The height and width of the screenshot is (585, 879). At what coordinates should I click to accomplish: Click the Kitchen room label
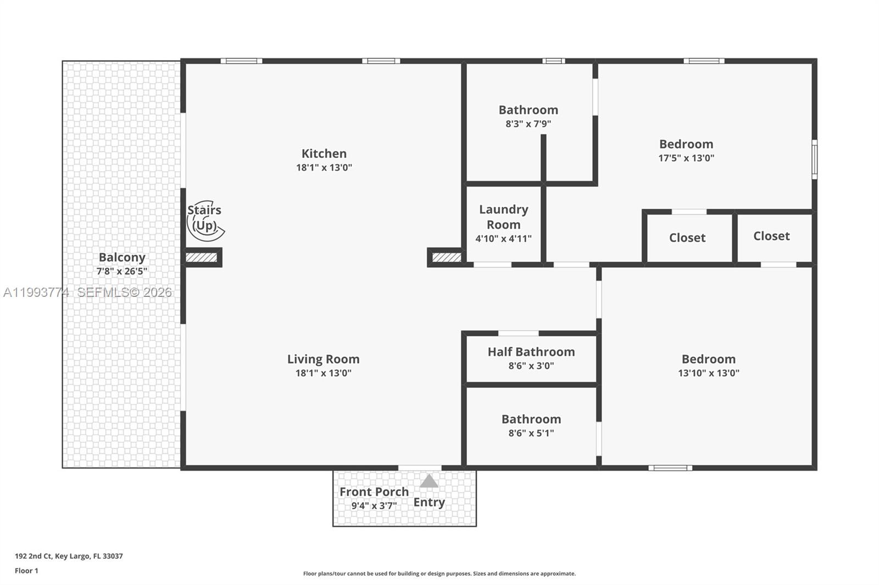324,154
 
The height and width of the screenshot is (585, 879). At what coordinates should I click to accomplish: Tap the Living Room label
323,359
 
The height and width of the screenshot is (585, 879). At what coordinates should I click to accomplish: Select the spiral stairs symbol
205,221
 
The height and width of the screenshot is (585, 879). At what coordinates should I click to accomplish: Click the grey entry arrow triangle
429,481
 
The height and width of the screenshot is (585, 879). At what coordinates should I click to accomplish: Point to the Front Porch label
374,492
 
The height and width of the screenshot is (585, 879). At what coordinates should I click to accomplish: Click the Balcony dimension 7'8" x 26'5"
121,271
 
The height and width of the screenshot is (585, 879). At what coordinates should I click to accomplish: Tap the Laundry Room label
503,217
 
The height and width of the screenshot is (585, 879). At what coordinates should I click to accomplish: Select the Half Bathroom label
531,352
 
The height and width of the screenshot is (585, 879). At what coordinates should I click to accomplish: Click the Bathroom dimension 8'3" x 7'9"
528,124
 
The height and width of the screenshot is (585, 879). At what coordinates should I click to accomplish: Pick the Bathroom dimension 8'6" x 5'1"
531,433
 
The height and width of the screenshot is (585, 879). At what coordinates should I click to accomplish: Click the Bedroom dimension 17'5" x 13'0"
686,158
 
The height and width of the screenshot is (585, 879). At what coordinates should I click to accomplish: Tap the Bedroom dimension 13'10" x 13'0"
708,373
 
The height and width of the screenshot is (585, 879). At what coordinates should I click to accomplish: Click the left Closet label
687,238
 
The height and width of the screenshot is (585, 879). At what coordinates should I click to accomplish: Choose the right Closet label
771,236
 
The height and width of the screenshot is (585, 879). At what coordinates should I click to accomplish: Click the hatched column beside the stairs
201,257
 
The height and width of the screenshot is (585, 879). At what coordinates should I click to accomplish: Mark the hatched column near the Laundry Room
446,257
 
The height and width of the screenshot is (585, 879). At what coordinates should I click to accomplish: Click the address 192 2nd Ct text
69,556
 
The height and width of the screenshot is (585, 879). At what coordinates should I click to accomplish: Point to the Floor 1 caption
26,571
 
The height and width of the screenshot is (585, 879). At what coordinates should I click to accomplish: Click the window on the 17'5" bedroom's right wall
814,159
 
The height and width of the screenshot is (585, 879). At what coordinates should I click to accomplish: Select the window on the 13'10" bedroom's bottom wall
670,468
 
